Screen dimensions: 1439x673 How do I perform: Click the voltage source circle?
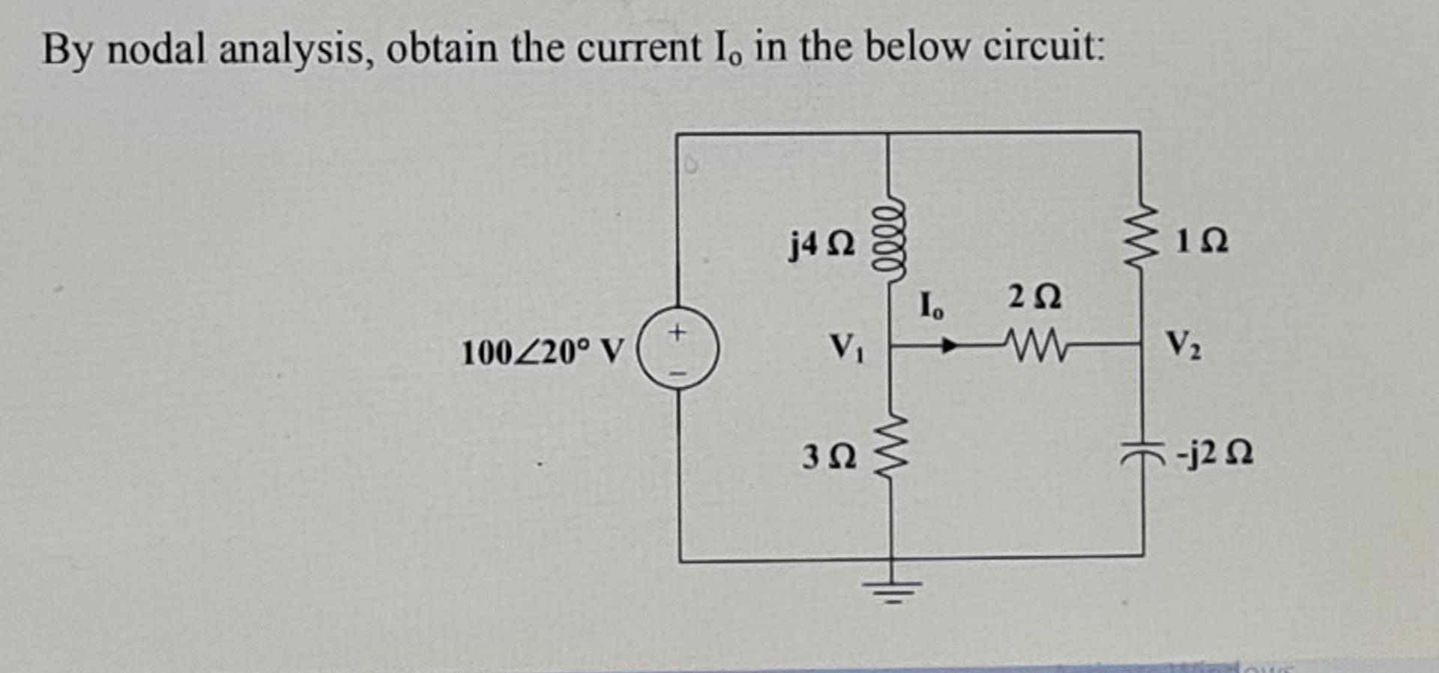pyautogui.click(x=678, y=350)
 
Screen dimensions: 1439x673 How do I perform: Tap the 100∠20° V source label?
pyautogui.click(x=542, y=352)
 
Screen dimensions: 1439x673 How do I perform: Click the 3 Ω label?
pyautogui.click(x=828, y=456)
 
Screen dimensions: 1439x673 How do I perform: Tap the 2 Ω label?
pyautogui.click(x=1034, y=297)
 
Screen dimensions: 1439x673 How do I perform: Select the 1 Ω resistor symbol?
pyautogui.click(x=1139, y=239)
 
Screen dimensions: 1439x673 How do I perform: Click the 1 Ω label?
pyautogui.click(x=1201, y=242)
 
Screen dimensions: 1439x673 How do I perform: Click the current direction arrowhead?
pyautogui.click(x=950, y=346)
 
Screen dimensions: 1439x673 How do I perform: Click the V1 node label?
pyautogui.click(x=846, y=347)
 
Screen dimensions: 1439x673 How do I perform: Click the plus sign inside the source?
pyautogui.click(x=678, y=332)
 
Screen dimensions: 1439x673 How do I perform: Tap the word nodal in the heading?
pyautogui.click(x=157, y=50)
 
